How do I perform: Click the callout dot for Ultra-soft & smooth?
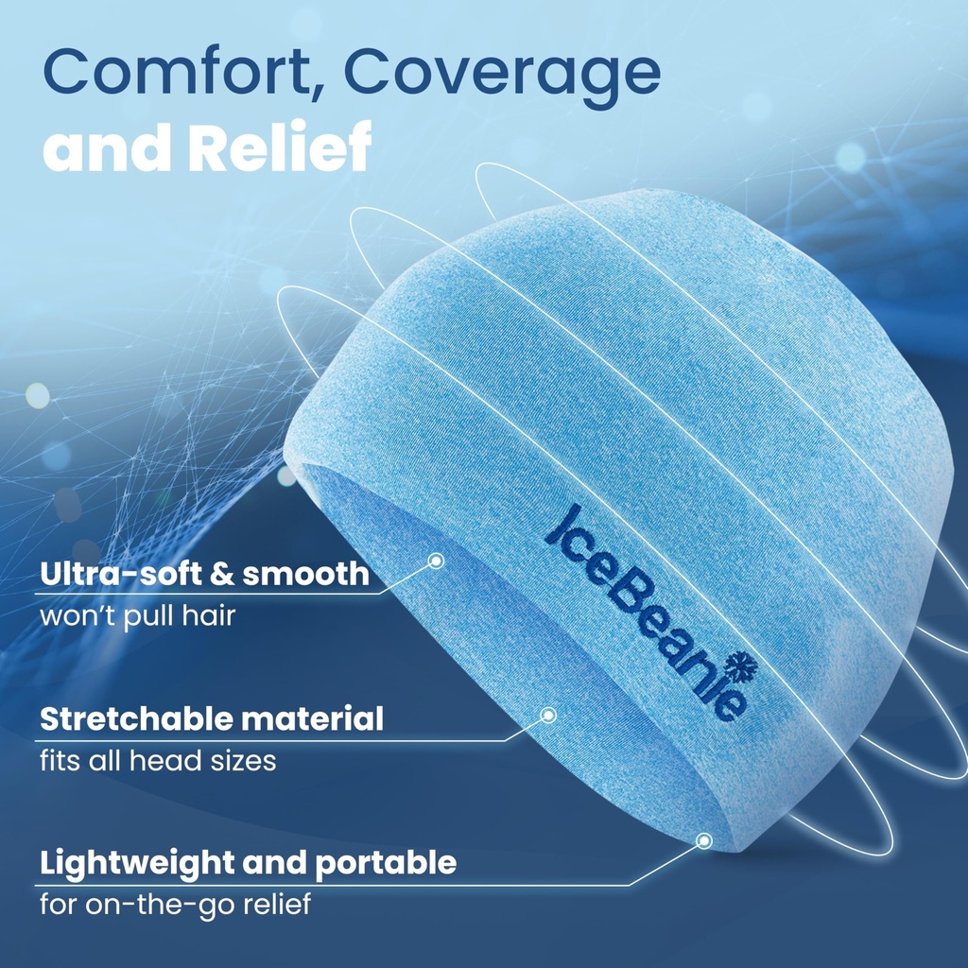pyautogui.click(x=436, y=561)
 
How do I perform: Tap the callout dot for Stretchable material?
pyautogui.click(x=547, y=715)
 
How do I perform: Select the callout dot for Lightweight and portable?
pyautogui.click(x=703, y=839)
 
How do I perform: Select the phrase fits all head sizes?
pyautogui.click(x=158, y=760)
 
